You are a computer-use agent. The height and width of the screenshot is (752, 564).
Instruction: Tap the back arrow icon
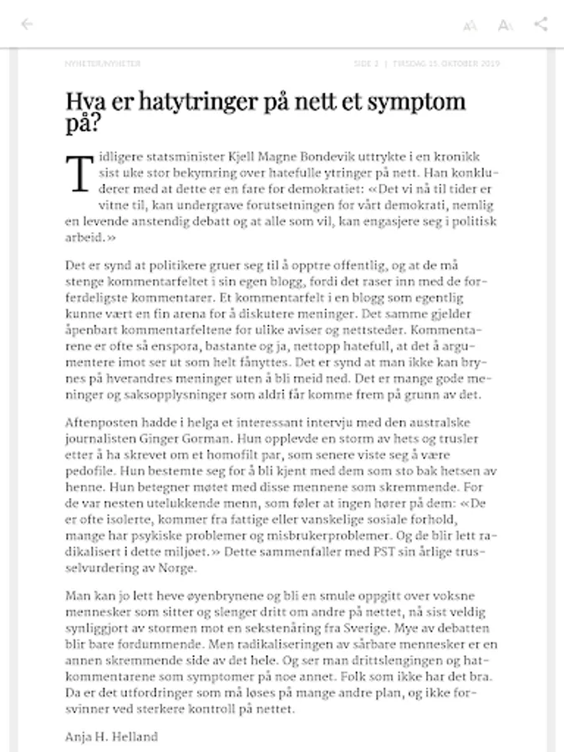27,23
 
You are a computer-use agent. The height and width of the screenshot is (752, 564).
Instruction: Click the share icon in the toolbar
541,23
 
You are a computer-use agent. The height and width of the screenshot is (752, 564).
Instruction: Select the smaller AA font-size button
470,25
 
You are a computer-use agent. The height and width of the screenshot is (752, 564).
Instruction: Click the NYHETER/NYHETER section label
103,64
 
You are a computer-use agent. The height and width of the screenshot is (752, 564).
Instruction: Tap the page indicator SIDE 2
366,64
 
